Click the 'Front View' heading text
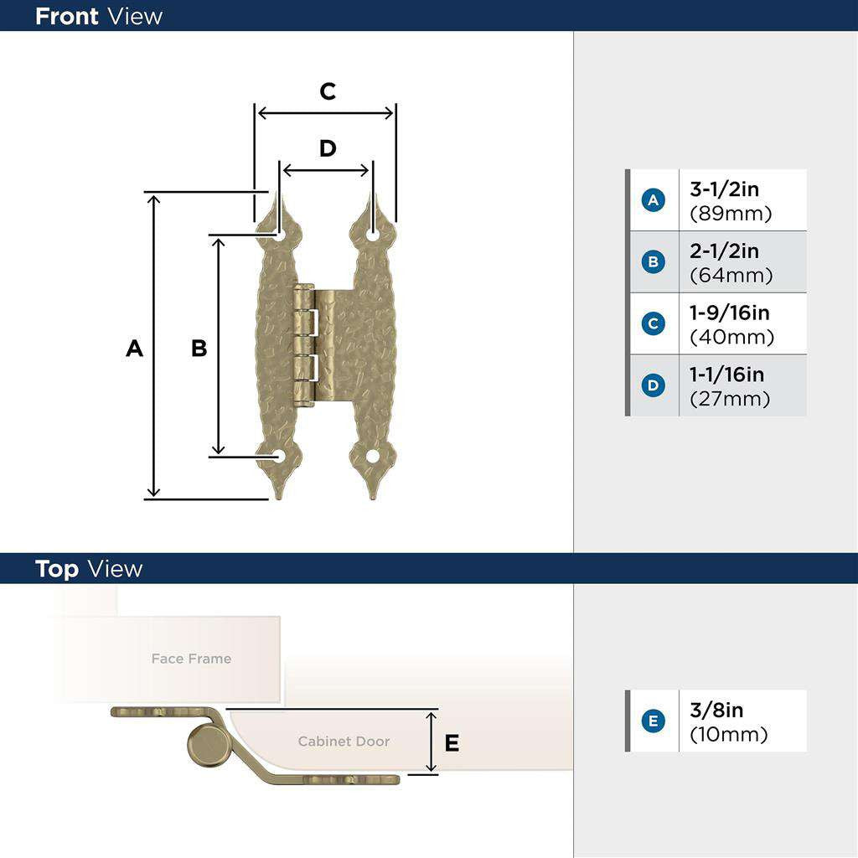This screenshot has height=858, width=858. tap(99, 16)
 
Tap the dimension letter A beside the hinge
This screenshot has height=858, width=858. tap(134, 348)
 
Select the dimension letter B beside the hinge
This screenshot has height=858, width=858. tap(199, 348)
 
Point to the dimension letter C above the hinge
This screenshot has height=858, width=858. tap(328, 91)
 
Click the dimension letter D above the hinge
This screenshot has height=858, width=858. tap(328, 148)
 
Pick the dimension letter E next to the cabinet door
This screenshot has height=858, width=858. tap(452, 742)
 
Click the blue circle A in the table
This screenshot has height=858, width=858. tap(653, 200)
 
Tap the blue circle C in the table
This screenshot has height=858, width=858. tap(653, 324)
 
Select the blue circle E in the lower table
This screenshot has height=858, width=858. tap(653, 721)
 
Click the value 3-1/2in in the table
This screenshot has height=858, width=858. tap(724, 189)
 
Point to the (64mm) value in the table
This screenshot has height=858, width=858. tap(731, 275)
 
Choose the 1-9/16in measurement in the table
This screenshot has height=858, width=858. tap(729, 313)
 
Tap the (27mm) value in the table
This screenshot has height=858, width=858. tap(730, 399)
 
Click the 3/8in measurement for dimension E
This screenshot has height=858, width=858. tap(716, 711)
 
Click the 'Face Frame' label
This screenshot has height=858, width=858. tap(191, 659)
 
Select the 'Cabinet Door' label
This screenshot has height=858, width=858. tap(344, 742)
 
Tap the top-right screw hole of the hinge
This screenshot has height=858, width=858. tap(373, 235)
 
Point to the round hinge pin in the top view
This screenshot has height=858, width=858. tap(207, 743)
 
